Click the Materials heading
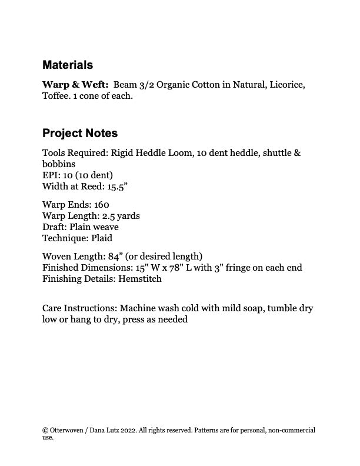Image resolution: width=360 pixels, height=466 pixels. click(67, 65)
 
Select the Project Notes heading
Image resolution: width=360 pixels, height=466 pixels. click(80, 133)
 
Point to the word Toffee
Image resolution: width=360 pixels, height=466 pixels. click(55, 96)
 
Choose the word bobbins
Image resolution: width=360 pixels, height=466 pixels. click(59, 164)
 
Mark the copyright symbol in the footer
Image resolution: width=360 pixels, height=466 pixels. click(45, 430)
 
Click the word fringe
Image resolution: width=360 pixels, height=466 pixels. click(235, 268)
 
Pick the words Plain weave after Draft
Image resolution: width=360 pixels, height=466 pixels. click(94, 227)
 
